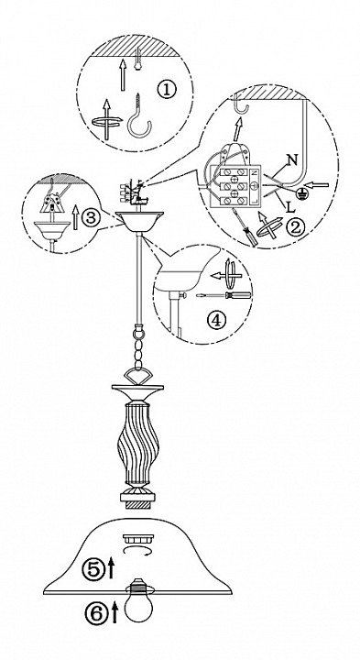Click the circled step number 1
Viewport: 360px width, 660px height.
point(167,90)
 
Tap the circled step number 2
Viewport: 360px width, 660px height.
point(295,227)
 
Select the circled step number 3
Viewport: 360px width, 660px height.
point(91,217)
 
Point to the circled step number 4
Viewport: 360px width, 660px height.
point(217,321)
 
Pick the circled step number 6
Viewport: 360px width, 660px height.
point(97,613)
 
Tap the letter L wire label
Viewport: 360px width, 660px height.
point(290,206)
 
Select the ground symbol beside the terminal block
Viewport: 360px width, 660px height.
point(300,192)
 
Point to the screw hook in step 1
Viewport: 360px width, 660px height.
point(139,116)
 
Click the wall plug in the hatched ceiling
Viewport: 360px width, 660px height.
point(137,59)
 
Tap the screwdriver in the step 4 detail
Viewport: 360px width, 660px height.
point(224,295)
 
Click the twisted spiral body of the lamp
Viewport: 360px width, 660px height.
point(137,444)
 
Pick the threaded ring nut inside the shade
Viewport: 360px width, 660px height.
point(138,539)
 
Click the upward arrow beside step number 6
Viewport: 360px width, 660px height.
point(115,612)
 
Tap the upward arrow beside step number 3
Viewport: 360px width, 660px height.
point(76,217)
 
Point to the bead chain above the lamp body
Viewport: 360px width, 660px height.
point(137,347)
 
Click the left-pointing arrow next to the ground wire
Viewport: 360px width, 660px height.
point(317,184)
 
